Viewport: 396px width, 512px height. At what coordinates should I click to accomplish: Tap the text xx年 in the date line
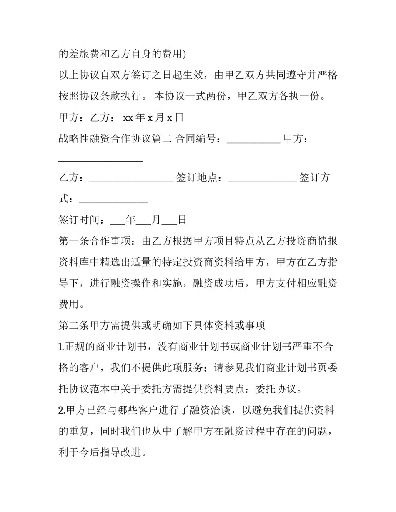coord(134,117)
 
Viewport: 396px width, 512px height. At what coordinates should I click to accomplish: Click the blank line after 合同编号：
coord(253,139)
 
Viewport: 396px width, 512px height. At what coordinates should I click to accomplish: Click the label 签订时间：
coord(84,220)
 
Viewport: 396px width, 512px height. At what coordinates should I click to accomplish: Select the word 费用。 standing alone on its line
coord(73,304)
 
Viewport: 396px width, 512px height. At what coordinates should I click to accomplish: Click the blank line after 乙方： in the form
coord(131,178)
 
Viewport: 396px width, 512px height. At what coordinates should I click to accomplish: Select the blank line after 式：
coord(113,199)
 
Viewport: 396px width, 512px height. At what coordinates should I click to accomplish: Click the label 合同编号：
coord(201,139)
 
